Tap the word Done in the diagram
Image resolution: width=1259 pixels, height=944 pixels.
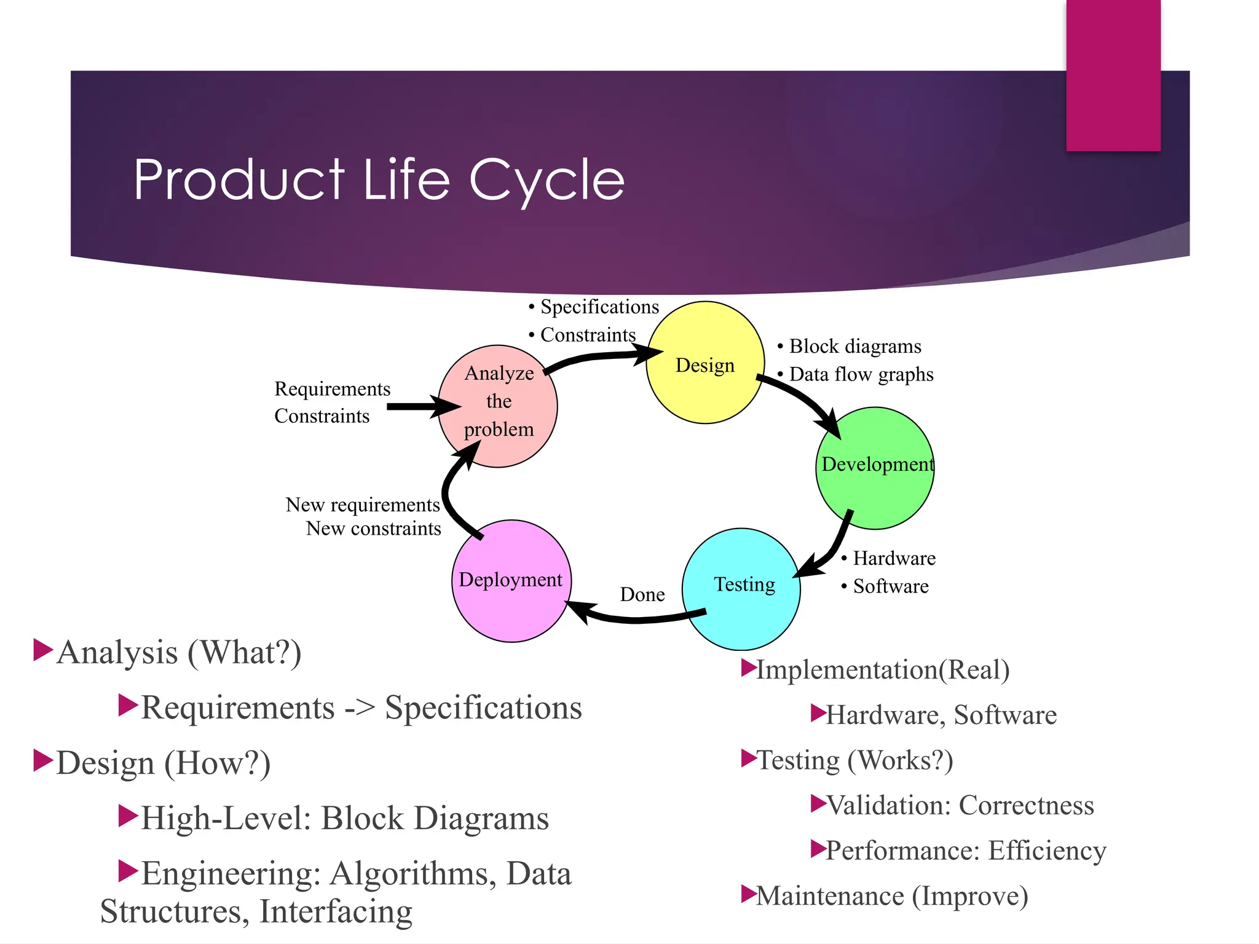tap(642, 594)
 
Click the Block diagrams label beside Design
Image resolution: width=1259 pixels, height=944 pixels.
tap(855, 346)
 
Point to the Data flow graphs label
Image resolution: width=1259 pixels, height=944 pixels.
tap(861, 374)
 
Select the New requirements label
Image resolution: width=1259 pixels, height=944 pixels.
tap(363, 505)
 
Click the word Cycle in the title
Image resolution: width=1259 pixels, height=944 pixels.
tap(547, 179)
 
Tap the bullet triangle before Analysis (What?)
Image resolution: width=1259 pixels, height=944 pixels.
tap(42, 650)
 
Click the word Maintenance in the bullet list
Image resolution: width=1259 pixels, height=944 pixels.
tap(830, 896)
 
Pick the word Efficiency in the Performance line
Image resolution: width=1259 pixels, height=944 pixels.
tap(1047, 851)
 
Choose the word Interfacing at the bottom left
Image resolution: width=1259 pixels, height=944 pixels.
tap(336, 911)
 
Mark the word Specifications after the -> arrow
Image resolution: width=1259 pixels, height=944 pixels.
tap(483, 707)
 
